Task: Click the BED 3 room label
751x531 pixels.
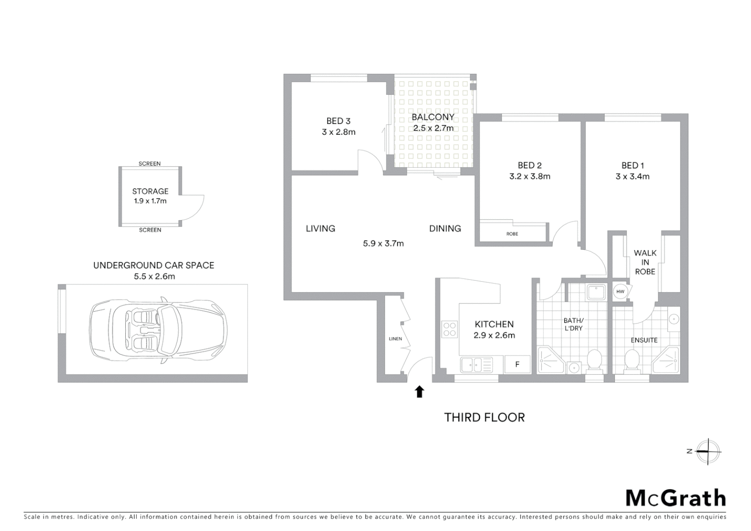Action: click(x=338, y=121)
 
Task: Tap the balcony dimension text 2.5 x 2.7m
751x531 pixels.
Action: click(x=433, y=128)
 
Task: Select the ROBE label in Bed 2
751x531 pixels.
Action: click(x=512, y=234)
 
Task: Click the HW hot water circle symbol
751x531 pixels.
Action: click(x=620, y=292)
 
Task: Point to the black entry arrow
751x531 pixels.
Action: click(x=419, y=391)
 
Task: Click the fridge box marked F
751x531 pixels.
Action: click(x=517, y=365)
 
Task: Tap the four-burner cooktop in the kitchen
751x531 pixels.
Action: click(x=450, y=328)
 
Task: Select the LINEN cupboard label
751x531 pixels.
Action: click(x=395, y=339)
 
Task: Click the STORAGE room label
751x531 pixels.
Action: click(x=150, y=191)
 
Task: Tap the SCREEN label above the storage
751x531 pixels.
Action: click(x=149, y=164)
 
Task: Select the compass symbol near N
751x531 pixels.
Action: click(x=708, y=451)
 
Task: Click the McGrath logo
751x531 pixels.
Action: click(x=675, y=498)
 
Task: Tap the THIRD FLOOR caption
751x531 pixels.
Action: click(x=485, y=417)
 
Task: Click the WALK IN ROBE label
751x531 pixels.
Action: click(x=645, y=262)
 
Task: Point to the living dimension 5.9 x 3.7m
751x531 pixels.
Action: click(x=383, y=243)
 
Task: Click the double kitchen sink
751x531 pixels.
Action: click(x=476, y=365)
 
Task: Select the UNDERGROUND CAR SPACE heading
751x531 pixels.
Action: click(x=154, y=265)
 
